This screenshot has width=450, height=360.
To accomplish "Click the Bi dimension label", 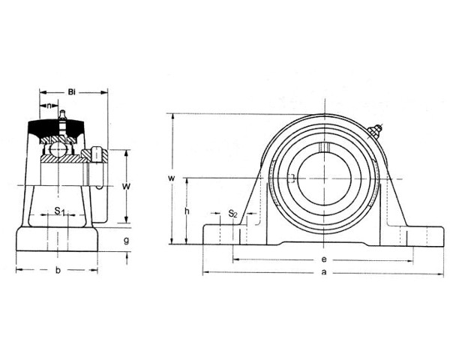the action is (71, 92).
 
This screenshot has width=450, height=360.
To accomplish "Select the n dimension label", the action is (49, 106).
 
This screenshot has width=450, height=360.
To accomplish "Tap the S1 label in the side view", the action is (60, 211).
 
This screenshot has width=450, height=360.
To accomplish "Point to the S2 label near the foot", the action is (232, 214).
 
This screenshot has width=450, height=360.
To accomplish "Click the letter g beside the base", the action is (126, 240).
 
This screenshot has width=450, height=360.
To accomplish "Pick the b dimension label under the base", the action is (58, 270).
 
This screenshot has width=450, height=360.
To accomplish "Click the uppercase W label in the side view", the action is (127, 187).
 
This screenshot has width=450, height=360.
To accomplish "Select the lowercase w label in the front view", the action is (171, 178).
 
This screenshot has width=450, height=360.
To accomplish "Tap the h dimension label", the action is (187, 211).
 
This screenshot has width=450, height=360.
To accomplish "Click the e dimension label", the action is (324, 259).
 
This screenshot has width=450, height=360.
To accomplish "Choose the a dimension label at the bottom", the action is (324, 271).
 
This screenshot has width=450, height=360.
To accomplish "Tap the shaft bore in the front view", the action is (324, 178).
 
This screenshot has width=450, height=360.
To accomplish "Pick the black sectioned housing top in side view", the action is (56, 129).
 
